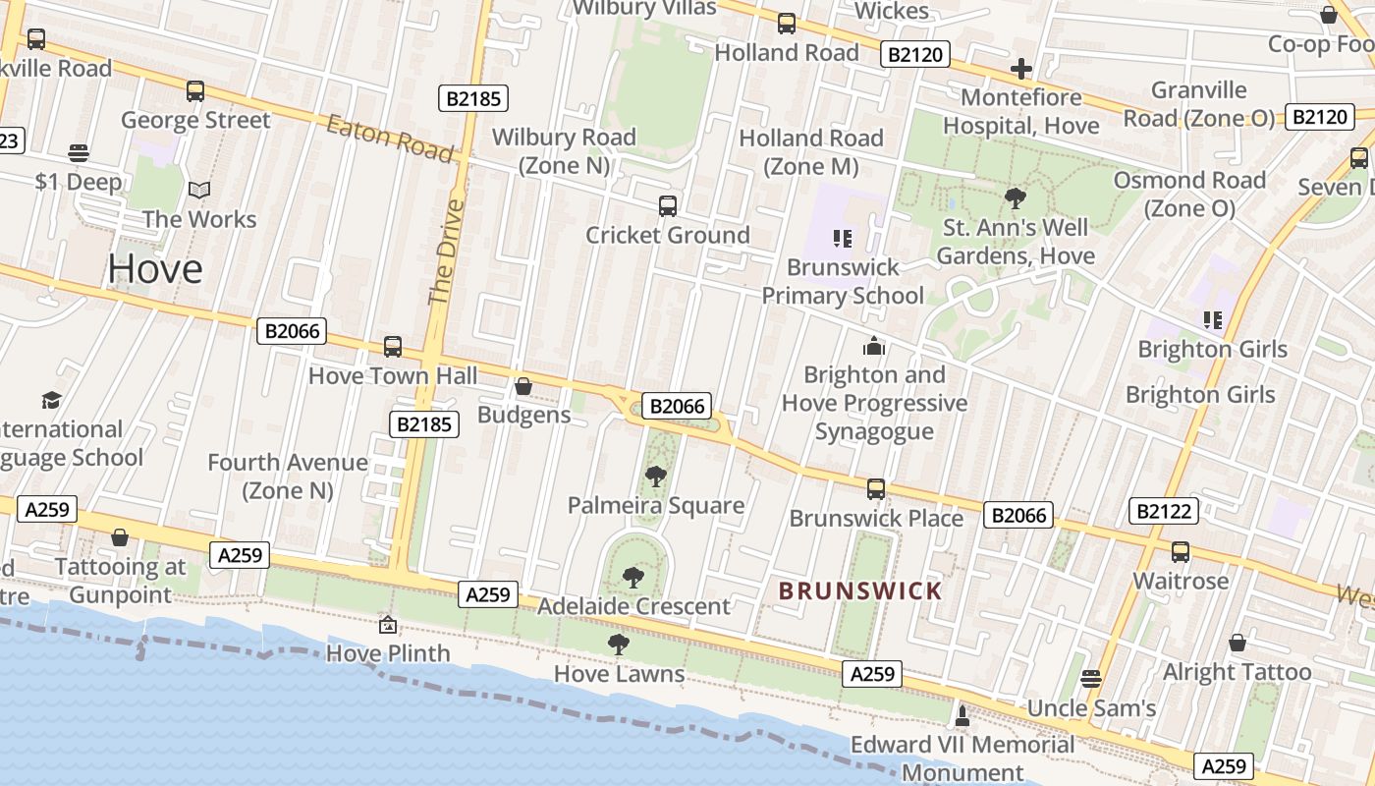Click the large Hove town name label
(155, 268)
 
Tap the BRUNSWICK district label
(859, 591)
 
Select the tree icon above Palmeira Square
(655, 477)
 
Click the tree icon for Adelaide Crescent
(633, 578)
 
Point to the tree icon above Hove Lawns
(618, 645)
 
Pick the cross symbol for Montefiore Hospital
(1020, 69)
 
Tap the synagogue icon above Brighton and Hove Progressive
(873, 346)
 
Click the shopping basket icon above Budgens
(523, 386)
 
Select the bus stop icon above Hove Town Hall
(393, 347)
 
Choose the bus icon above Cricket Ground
(668, 206)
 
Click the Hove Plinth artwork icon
(388, 625)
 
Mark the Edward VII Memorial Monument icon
(962, 715)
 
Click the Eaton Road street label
(389, 139)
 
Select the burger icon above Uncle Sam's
(1090, 679)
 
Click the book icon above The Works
(199, 190)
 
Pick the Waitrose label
(1181, 581)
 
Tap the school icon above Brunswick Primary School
(842, 238)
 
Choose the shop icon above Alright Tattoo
(1237, 643)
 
